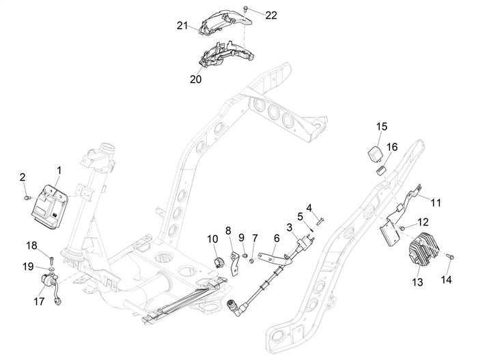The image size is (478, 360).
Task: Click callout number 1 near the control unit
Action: [x=59, y=169]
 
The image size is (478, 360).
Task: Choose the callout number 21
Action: [x=182, y=26]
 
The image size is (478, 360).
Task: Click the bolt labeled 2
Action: [x=27, y=197]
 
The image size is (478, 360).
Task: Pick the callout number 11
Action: [x=436, y=202]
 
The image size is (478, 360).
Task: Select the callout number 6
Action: [x=277, y=238]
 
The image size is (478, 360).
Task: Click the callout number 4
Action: [x=309, y=208]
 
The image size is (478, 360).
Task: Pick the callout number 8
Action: [x=229, y=230]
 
